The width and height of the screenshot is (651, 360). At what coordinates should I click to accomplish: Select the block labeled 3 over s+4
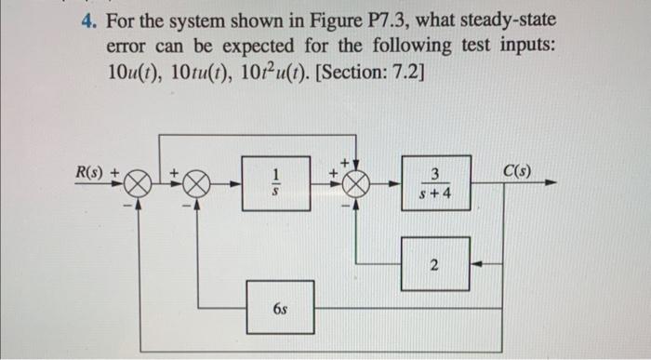[433, 183]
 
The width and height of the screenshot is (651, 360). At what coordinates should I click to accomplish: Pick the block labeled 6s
[279, 305]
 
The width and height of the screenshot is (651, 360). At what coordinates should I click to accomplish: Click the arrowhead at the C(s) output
[553, 184]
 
